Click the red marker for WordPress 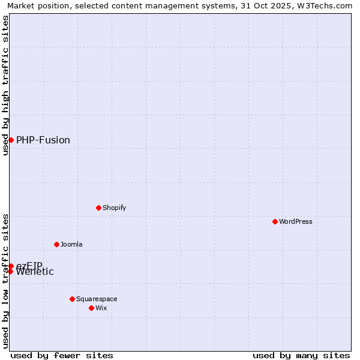[275, 221]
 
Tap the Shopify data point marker [98, 208]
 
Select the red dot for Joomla [56, 244]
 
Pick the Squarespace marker [72, 299]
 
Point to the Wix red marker [91, 308]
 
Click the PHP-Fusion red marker [11, 140]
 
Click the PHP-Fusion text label [43, 140]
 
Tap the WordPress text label [296, 221]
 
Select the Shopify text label [115, 208]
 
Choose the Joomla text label [71, 244]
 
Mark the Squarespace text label [97, 299]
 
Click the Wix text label [101, 308]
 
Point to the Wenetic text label [35, 272]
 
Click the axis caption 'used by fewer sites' [62, 355]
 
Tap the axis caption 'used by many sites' [301, 355]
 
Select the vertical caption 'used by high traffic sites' [5, 85]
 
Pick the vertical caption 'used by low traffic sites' [5, 281]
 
